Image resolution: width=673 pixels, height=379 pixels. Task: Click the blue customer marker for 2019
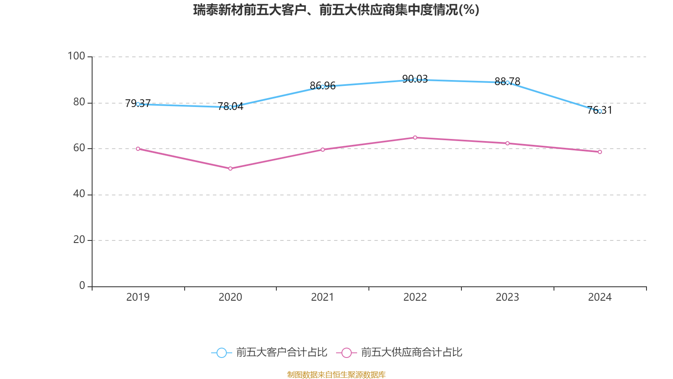[138, 104]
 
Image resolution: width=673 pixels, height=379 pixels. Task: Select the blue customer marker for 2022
[415, 80]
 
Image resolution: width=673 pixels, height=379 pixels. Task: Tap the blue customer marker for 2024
[600, 111]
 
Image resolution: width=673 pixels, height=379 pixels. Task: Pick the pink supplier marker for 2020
[230, 168]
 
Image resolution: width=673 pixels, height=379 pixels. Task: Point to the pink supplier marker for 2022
[415, 137]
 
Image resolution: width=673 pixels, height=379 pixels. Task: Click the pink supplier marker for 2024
[600, 152]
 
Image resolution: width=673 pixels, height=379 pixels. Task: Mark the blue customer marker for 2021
[323, 87]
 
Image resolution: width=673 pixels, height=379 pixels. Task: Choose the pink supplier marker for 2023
[507, 143]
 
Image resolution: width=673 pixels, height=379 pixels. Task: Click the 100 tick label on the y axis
[76, 56]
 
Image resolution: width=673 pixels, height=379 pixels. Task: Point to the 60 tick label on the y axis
[79, 148]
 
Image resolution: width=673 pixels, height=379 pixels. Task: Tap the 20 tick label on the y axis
[79, 240]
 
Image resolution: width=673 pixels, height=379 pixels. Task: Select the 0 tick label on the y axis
[82, 286]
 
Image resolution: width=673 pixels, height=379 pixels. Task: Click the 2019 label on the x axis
[138, 297]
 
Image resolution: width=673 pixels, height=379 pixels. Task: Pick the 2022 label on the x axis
[415, 297]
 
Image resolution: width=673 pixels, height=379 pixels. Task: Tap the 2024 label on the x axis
[600, 297]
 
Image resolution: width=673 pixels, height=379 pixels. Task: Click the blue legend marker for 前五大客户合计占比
[221, 352]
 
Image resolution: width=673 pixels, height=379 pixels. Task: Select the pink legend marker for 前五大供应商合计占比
[346, 352]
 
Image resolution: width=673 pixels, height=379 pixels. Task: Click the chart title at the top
[336, 10]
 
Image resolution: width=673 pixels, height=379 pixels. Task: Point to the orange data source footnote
[336, 374]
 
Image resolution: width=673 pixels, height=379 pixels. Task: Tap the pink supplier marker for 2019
[138, 149]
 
